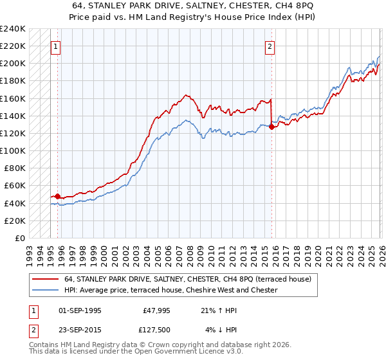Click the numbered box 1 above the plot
pyautogui.click(x=57, y=46)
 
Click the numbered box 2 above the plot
pyautogui.click(x=270, y=46)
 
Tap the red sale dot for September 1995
pyautogui.click(x=57, y=196)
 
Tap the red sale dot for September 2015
pyautogui.click(x=271, y=127)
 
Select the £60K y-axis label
pyautogui.click(x=15, y=186)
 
